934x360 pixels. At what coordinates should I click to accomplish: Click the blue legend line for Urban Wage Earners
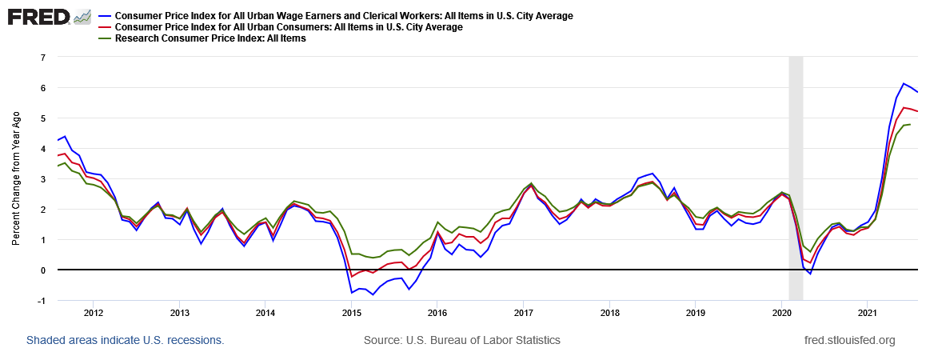pyautogui.click(x=105, y=16)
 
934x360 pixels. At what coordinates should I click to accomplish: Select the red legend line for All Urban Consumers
pyautogui.click(x=105, y=27)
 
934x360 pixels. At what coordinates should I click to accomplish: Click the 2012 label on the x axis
pyautogui.click(x=94, y=312)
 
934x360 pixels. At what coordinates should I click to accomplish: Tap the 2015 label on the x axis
pyautogui.click(x=351, y=312)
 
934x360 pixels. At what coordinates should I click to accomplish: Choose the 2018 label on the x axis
pyautogui.click(x=609, y=312)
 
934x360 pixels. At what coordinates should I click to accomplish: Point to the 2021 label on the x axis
pyautogui.click(x=868, y=312)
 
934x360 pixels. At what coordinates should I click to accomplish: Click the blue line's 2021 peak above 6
pyautogui.click(x=904, y=83)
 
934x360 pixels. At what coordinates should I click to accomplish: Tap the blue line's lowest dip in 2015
pyautogui.click(x=373, y=294)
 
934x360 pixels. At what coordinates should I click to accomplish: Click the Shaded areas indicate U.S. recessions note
pyautogui.click(x=125, y=340)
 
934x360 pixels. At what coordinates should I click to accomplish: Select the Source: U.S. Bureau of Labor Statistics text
pyautogui.click(x=462, y=340)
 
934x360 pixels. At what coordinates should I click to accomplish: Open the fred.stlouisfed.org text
pyautogui.click(x=849, y=340)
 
